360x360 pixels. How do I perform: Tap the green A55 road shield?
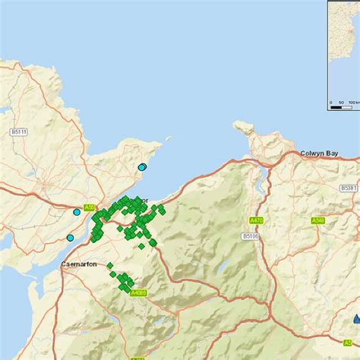90,207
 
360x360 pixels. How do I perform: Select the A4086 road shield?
137,292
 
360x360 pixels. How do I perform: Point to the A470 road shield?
257,220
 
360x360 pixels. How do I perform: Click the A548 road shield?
319,220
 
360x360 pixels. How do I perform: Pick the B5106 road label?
251,236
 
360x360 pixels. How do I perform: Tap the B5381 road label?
349,188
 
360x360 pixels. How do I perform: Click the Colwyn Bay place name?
319,153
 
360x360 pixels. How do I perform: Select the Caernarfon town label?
79,265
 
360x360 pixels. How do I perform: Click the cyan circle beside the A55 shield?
77,213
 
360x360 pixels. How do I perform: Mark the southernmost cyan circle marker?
70,238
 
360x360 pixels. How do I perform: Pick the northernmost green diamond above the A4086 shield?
110,265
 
